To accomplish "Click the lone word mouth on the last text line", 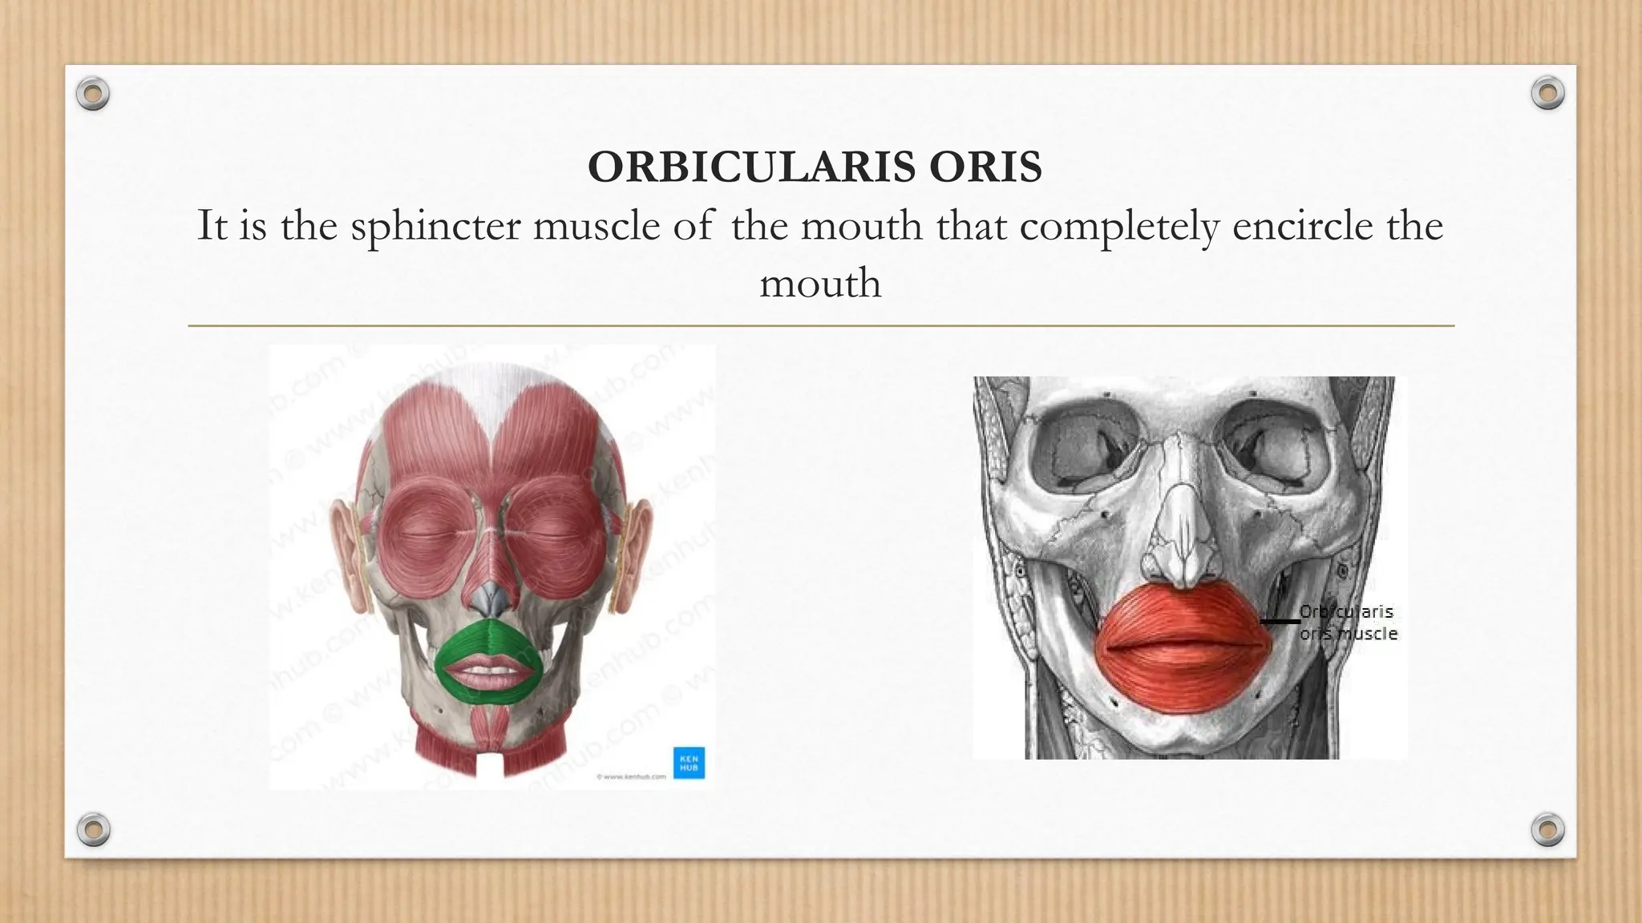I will (820, 284).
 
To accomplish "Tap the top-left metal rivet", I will (93, 95).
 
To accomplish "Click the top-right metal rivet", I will (1547, 95).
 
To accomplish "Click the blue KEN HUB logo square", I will (688, 761).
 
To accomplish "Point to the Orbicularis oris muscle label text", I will (1347, 623).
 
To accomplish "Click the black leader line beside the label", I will (1280, 621).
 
